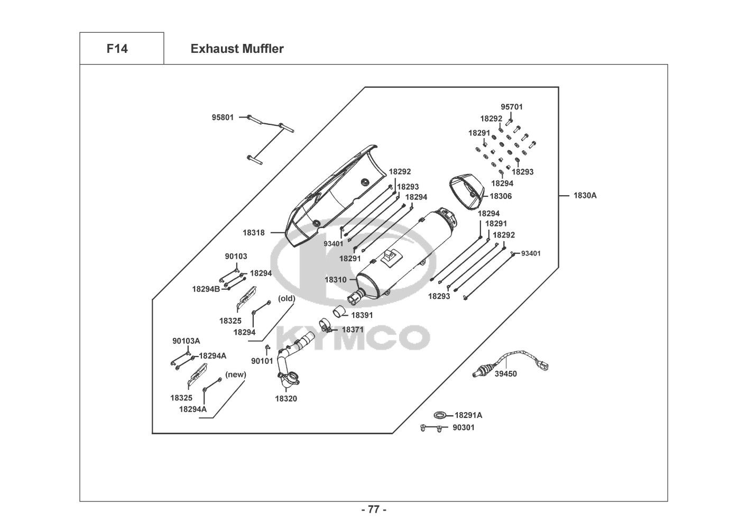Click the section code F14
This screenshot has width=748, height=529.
tap(117, 49)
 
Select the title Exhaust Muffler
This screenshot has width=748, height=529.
tap(237, 49)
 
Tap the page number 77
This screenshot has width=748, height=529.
tap(374, 509)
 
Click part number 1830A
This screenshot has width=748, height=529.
tap(585, 196)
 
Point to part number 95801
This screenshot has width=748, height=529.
tap(223, 117)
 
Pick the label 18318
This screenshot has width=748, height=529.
tap(254, 232)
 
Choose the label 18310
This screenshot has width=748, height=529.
tap(336, 279)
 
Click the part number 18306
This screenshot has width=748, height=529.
tap(501, 196)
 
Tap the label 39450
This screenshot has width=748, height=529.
tap(506, 374)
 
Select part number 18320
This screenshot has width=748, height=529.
tap(286, 399)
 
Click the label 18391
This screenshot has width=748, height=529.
tap(362, 315)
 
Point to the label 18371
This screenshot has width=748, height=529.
tap(353, 329)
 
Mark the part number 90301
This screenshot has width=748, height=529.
tap(464, 427)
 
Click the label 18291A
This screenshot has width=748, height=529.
tap(468, 415)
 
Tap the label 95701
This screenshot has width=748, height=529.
tap(512, 107)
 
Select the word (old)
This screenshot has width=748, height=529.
tap(287, 298)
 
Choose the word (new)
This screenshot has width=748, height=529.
tap(236, 375)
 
